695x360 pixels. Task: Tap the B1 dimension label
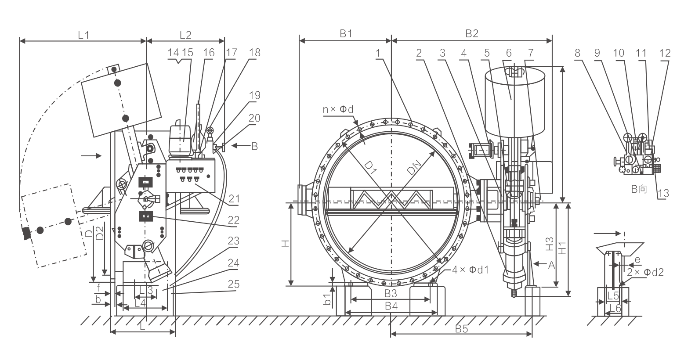(346, 34)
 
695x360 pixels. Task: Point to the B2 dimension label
(471, 34)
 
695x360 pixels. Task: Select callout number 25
(234, 284)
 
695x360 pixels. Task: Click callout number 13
(663, 193)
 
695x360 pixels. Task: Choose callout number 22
(234, 220)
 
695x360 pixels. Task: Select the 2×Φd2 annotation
(645, 272)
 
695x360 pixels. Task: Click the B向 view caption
(639, 190)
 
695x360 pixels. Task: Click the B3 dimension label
(391, 293)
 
